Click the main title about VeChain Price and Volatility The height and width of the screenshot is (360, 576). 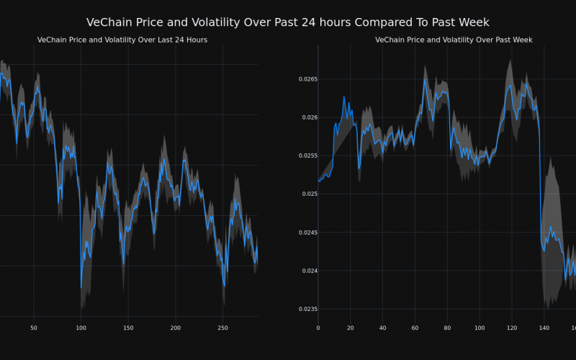288,22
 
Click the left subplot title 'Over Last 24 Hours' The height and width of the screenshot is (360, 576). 122,40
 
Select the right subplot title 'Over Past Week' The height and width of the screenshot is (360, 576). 454,40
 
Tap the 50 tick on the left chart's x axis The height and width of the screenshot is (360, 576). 34,328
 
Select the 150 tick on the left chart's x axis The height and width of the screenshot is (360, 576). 128,328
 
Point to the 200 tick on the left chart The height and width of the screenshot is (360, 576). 175,328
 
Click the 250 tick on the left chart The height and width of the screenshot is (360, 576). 222,328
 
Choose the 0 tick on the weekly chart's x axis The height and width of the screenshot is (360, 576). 318,328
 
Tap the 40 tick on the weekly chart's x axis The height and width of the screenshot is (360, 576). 382,328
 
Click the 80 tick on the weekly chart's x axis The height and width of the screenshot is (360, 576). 447,328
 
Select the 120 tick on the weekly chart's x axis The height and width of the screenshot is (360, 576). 512,328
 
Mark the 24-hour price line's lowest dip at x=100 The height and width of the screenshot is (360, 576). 81,287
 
